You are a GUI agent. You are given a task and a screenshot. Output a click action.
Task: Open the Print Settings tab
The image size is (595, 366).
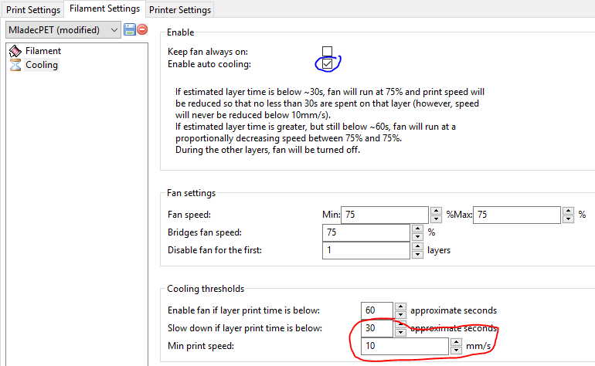[x=33, y=9]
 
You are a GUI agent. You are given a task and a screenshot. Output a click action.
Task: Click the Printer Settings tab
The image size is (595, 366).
[x=180, y=9]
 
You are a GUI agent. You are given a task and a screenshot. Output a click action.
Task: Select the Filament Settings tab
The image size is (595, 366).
[x=105, y=8]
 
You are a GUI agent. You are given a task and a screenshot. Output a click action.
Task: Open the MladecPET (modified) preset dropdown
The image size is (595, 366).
[x=63, y=29]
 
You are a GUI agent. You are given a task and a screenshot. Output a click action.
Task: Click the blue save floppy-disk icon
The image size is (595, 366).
[x=129, y=29]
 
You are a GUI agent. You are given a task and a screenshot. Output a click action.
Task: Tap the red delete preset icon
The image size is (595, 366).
[x=142, y=29]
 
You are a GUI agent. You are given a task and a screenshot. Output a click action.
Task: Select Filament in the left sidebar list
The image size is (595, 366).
[x=42, y=51]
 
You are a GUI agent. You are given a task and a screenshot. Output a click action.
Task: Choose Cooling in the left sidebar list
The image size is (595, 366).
[x=42, y=65]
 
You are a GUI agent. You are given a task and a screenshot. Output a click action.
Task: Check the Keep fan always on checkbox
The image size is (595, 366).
[x=327, y=51]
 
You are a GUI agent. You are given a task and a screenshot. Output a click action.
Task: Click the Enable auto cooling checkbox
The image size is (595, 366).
[x=327, y=64]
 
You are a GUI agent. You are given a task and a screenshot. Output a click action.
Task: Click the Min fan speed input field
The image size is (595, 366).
[x=385, y=215]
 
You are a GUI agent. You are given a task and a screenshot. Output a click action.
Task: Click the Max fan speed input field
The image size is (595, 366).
[x=517, y=215]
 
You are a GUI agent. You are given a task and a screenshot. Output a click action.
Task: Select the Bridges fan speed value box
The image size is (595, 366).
[x=366, y=232]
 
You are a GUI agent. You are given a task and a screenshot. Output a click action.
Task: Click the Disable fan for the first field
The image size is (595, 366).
[x=366, y=250]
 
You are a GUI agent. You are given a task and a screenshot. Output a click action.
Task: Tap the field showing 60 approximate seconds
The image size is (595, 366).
[x=377, y=310]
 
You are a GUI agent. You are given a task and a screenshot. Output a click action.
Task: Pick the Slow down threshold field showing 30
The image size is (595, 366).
[x=377, y=328]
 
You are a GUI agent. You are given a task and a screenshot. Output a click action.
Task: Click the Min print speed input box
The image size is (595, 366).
[x=405, y=346]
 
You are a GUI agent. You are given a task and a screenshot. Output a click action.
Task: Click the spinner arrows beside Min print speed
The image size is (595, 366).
[x=456, y=346]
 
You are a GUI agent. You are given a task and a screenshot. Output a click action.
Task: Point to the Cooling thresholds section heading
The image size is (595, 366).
[x=206, y=289]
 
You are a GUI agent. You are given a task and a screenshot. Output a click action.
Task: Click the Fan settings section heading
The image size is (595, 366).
[x=192, y=193]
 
